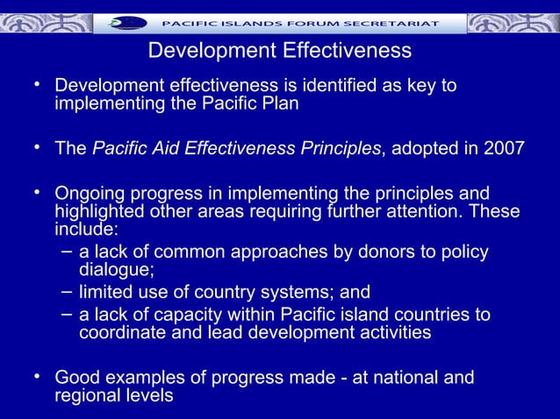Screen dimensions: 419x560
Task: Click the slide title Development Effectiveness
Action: point(279,52)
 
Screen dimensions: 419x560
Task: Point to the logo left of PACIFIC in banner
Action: point(126,22)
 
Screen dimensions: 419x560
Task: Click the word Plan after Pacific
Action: point(280,104)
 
